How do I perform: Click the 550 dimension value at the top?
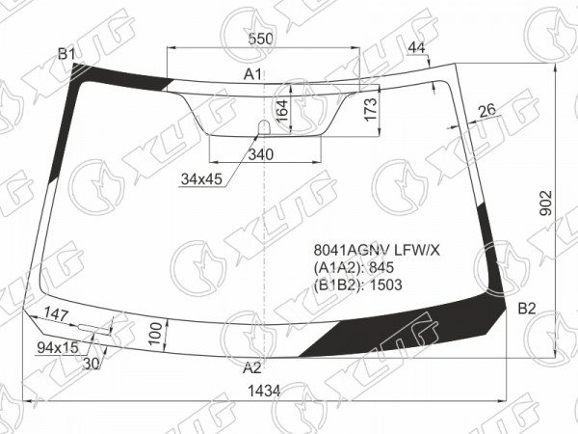point(261,39)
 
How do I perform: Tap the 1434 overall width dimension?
point(264,391)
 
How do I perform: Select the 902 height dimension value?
point(546,203)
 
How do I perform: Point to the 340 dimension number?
point(261,154)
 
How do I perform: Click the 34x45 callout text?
point(201,179)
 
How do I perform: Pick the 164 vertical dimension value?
point(282,111)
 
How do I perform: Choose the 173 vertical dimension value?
point(371,109)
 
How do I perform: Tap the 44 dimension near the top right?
point(417,47)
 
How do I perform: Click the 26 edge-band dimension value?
point(486,110)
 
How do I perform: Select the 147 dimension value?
point(56,314)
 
